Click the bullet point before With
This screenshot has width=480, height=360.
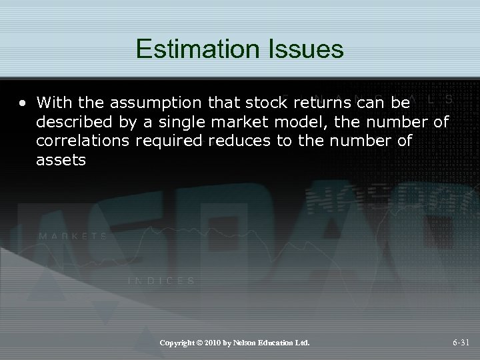[23, 103]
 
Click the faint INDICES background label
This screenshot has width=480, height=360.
[161, 281]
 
